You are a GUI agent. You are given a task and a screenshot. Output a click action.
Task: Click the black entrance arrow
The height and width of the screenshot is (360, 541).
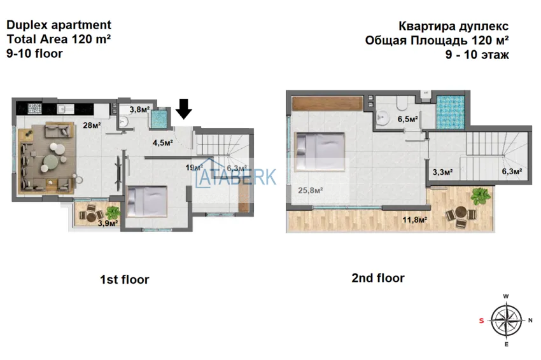coord(183,109)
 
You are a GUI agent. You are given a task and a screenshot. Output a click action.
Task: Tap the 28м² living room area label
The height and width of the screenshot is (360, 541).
coord(92,125)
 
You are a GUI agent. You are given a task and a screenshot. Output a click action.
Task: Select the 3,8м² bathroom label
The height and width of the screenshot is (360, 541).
coord(140,109)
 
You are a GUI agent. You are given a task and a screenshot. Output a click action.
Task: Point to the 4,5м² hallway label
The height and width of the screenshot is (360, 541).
coord(162,142)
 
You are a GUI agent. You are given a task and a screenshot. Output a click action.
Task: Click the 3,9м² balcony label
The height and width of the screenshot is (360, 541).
coord(108,223)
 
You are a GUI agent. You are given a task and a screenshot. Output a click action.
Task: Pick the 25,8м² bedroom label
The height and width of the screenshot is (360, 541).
coord(311,190)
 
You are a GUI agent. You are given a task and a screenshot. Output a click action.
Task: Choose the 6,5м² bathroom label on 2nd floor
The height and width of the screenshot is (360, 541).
coord(408,120)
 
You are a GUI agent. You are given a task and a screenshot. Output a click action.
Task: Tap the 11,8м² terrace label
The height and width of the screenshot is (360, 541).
coord(415,219)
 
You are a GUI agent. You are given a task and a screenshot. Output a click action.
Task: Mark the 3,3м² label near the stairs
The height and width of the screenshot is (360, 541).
coord(443,171)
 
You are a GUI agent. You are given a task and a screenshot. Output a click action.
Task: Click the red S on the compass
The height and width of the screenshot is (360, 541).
coord(481,321)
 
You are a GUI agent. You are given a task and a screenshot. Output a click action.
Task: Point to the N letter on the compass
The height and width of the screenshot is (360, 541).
coord(530,321)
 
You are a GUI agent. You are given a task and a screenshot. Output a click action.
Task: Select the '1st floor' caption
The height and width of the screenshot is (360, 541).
coord(125,279)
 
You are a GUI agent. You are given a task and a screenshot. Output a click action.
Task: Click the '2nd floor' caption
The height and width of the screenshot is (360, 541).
coord(378,278)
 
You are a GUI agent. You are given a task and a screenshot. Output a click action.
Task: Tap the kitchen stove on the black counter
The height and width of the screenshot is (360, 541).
coord(34,109)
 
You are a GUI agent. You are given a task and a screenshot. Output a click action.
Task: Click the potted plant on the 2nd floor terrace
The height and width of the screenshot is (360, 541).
coord(481,196)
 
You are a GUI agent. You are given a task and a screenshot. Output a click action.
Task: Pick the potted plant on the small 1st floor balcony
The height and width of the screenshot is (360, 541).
coord(113,211)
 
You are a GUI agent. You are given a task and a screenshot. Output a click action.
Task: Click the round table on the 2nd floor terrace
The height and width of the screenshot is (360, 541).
coord(461,212)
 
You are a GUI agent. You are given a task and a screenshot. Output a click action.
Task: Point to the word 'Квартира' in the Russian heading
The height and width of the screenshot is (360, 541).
coord(423,26)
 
